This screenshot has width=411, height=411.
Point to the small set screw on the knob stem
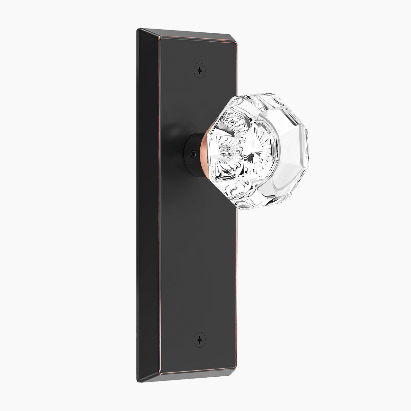tap(192, 154)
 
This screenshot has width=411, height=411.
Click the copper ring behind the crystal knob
tap(204, 153)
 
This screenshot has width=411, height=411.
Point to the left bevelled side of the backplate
tap(148, 205)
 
